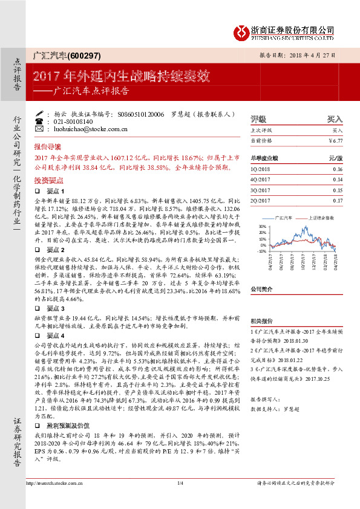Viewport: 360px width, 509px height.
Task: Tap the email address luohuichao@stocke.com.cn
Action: point(87,129)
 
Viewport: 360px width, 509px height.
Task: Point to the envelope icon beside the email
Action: point(40,129)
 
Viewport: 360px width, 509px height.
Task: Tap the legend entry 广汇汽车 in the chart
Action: point(284,216)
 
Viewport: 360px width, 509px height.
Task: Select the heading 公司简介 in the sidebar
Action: point(263,290)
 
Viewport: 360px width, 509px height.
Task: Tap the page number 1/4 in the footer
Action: point(180,499)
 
